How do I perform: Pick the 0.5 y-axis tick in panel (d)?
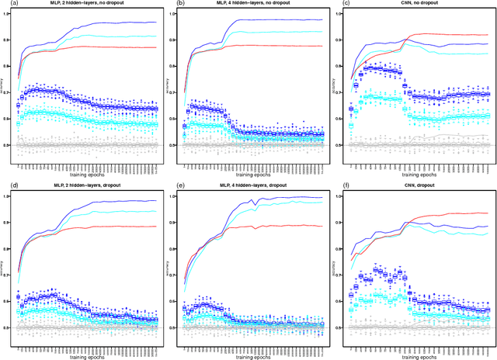click(10, 327)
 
